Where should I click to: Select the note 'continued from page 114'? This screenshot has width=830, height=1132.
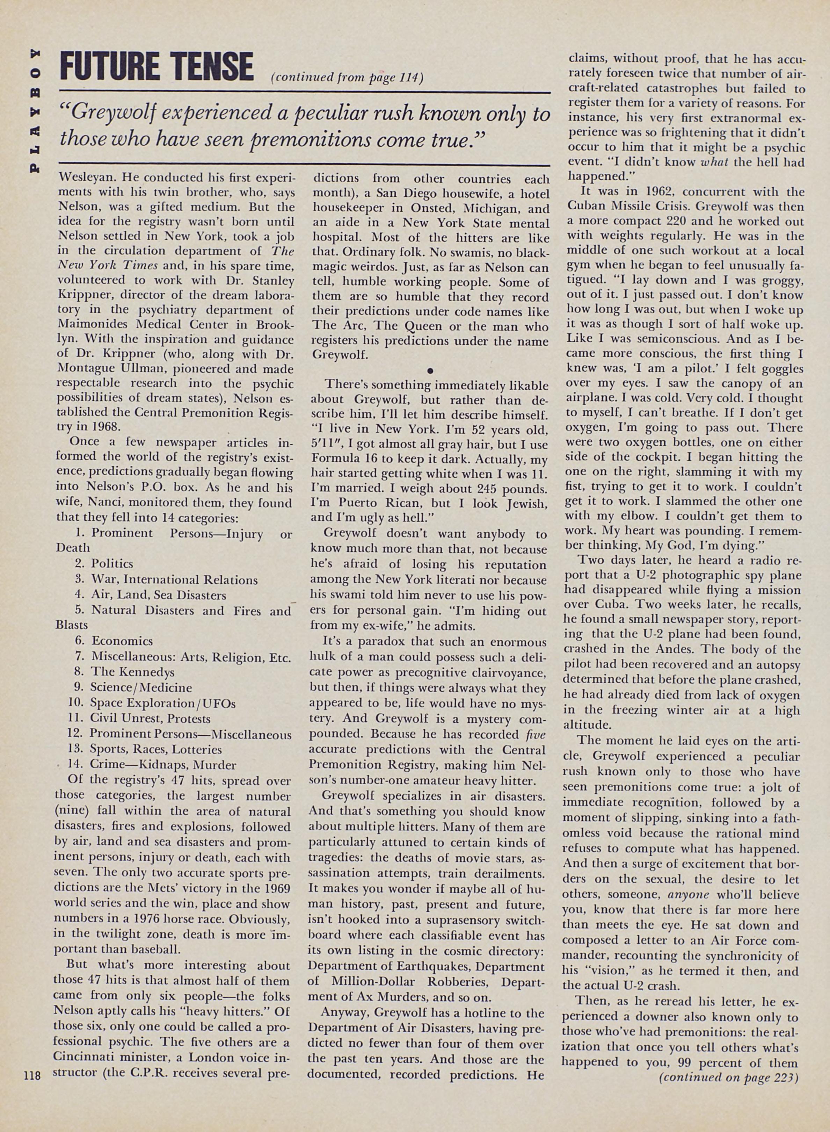point(347,78)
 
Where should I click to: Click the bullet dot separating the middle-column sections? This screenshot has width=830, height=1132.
point(430,370)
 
